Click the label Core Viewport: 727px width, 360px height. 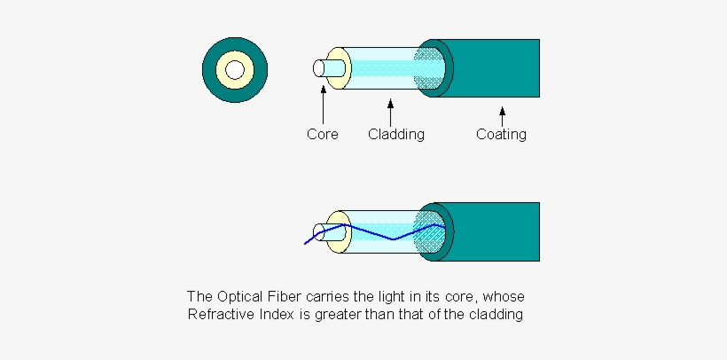coord(323,135)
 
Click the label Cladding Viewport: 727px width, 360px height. coord(396,135)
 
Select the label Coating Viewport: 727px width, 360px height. coord(501,135)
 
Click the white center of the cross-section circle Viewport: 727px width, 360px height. coord(234,69)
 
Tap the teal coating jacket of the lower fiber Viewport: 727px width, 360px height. coord(496,231)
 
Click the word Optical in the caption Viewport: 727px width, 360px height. coord(239,296)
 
